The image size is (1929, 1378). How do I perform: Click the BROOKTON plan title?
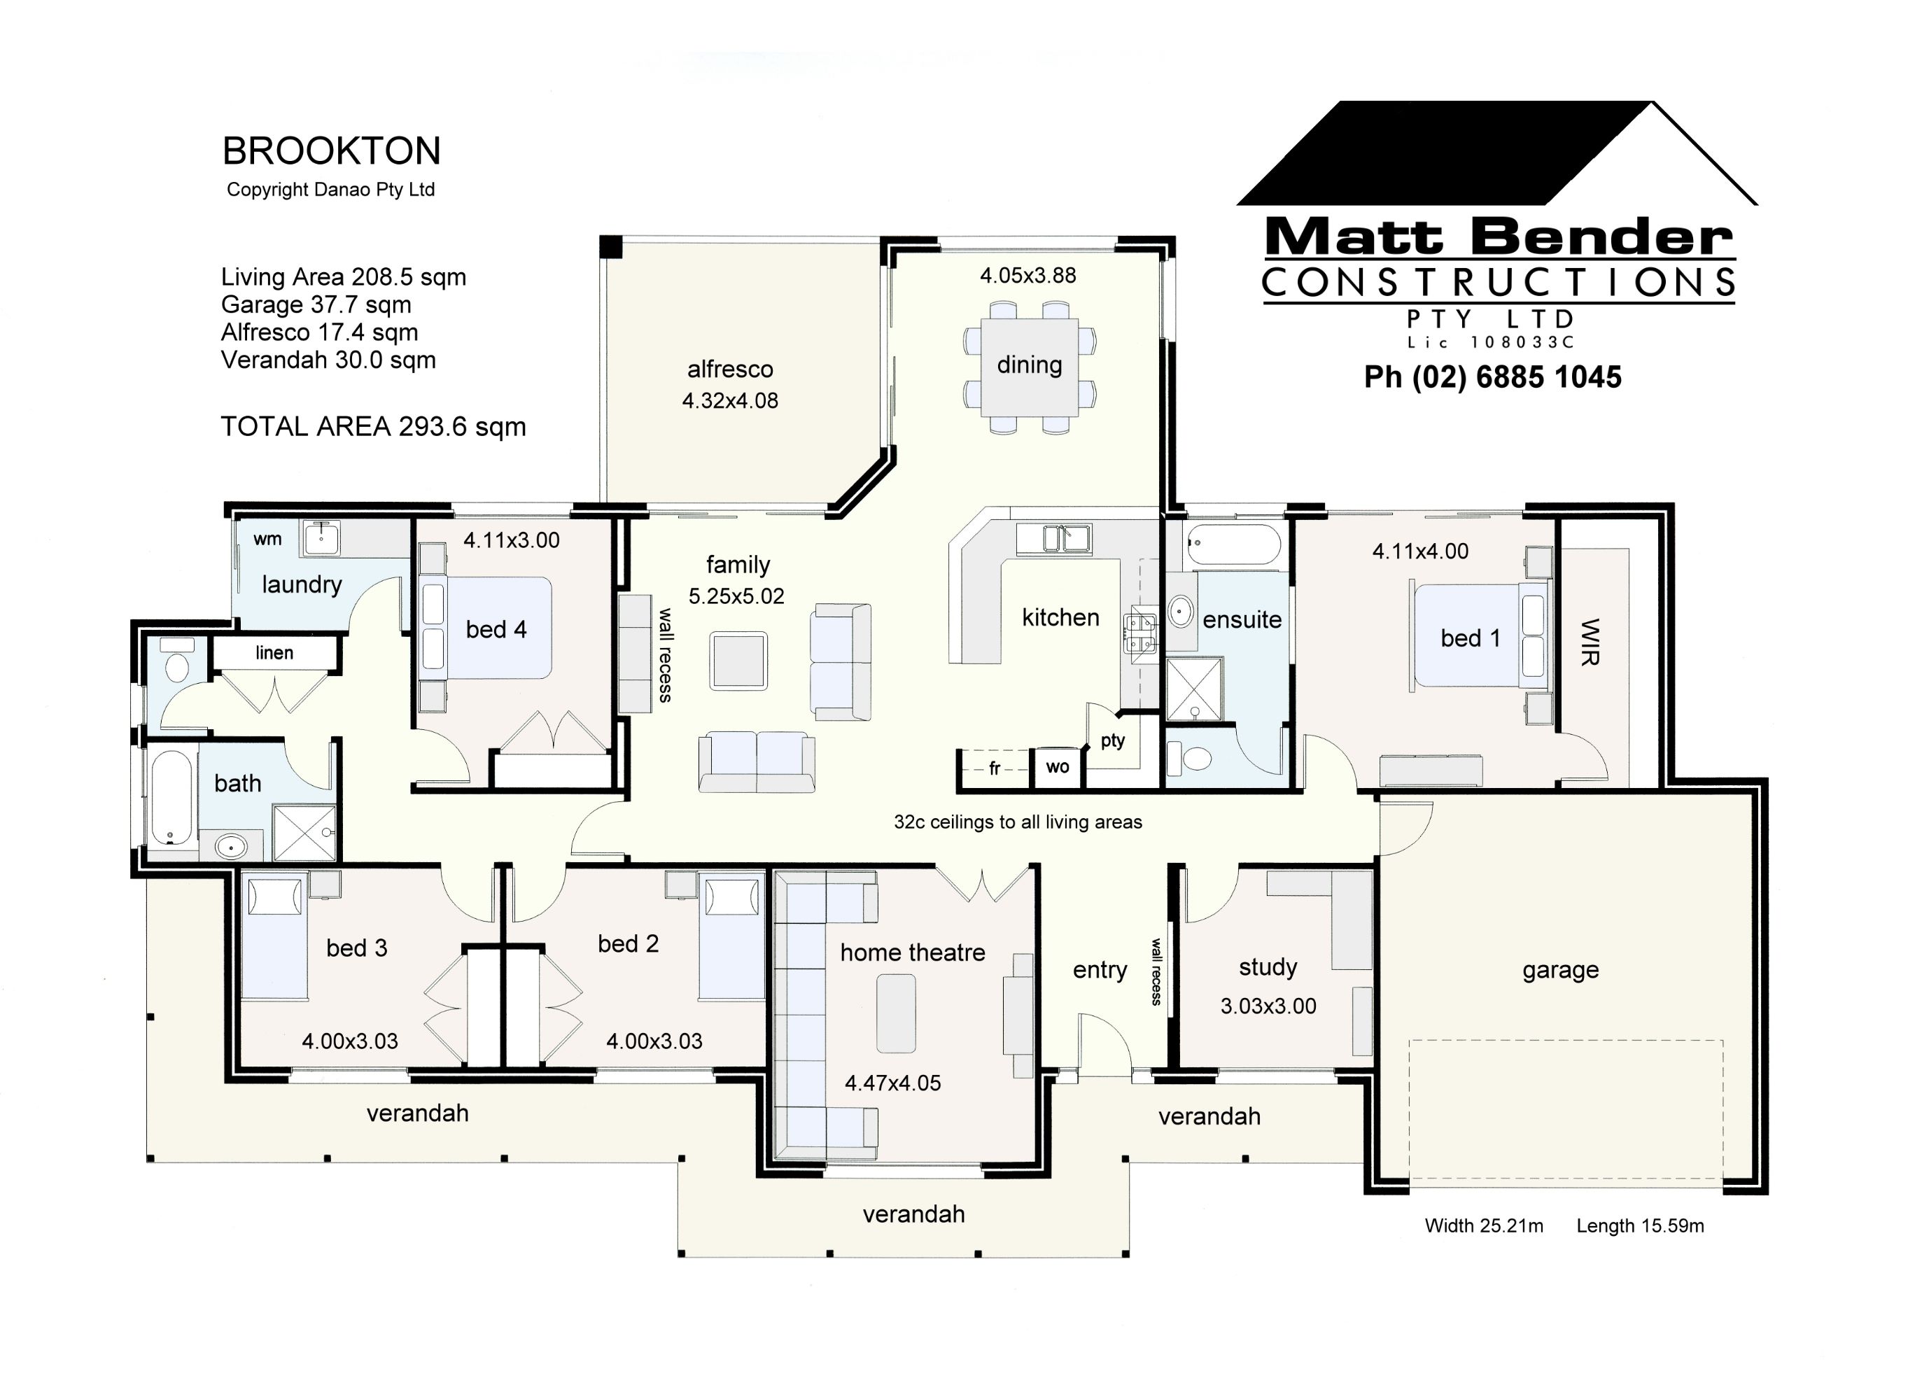tap(331, 151)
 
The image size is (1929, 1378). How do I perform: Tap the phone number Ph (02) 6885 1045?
tap(1492, 377)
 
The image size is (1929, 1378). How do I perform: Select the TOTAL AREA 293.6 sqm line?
tap(372, 426)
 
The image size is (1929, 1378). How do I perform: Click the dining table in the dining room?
tap(1030, 367)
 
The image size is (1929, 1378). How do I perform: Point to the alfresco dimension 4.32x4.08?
tap(730, 400)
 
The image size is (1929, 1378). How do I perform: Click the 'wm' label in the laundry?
tap(267, 539)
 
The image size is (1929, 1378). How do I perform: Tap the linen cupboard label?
tap(274, 652)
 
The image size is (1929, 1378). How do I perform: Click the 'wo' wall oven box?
tap(1057, 767)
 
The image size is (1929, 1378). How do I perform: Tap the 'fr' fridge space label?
tap(994, 768)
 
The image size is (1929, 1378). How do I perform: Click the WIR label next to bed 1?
tap(1590, 642)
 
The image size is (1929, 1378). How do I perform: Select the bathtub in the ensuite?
tap(1234, 544)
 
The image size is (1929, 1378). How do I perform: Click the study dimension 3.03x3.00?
tap(1268, 1006)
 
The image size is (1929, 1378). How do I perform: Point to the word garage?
tap(1560, 969)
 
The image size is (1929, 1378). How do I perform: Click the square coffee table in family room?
tap(738, 661)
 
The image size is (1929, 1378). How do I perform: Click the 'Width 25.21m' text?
tap(1483, 1225)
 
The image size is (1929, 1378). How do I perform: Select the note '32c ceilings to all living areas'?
tap(1018, 822)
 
